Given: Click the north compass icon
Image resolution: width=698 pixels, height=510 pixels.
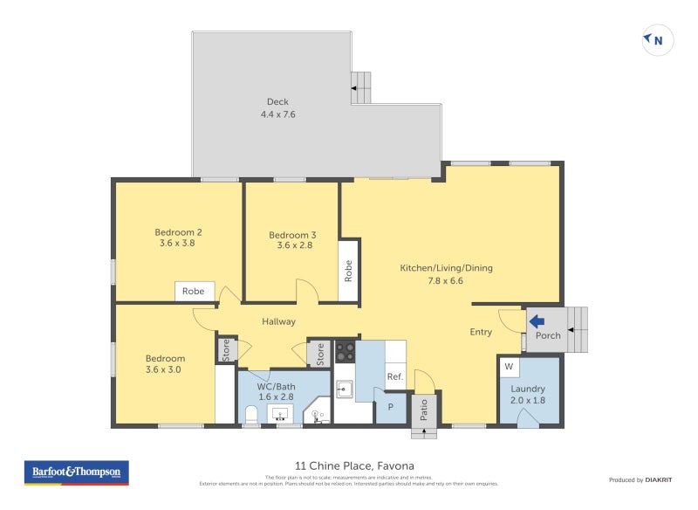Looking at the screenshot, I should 657,39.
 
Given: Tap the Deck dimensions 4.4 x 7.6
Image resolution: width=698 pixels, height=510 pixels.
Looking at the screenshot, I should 277,114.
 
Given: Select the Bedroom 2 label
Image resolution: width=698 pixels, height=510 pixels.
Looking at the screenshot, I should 178,232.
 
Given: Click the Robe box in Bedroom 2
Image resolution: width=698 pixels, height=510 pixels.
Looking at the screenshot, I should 194,292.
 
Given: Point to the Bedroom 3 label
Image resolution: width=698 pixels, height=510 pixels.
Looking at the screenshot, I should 292,235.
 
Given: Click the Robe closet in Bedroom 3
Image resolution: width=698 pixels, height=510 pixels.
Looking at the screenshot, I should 348,271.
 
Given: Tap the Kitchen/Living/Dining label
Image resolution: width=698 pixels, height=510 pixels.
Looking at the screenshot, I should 446,268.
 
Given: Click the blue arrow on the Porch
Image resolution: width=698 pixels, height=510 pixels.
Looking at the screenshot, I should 537,321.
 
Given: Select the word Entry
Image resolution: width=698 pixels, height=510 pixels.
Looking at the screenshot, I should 481,332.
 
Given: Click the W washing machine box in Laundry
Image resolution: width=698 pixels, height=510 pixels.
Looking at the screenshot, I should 509,366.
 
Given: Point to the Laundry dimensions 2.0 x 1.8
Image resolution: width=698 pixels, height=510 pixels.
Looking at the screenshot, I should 529,401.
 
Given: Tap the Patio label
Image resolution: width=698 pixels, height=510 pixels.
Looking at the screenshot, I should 425,410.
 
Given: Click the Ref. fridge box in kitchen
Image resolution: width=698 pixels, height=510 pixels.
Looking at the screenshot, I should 394,376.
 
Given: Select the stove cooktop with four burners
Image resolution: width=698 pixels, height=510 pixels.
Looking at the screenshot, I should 346,351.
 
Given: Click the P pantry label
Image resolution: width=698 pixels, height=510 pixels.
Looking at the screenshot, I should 390,406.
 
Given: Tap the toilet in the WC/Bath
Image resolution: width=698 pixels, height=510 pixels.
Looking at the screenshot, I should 250,414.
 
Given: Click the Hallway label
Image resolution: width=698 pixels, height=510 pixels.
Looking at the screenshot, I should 278,321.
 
